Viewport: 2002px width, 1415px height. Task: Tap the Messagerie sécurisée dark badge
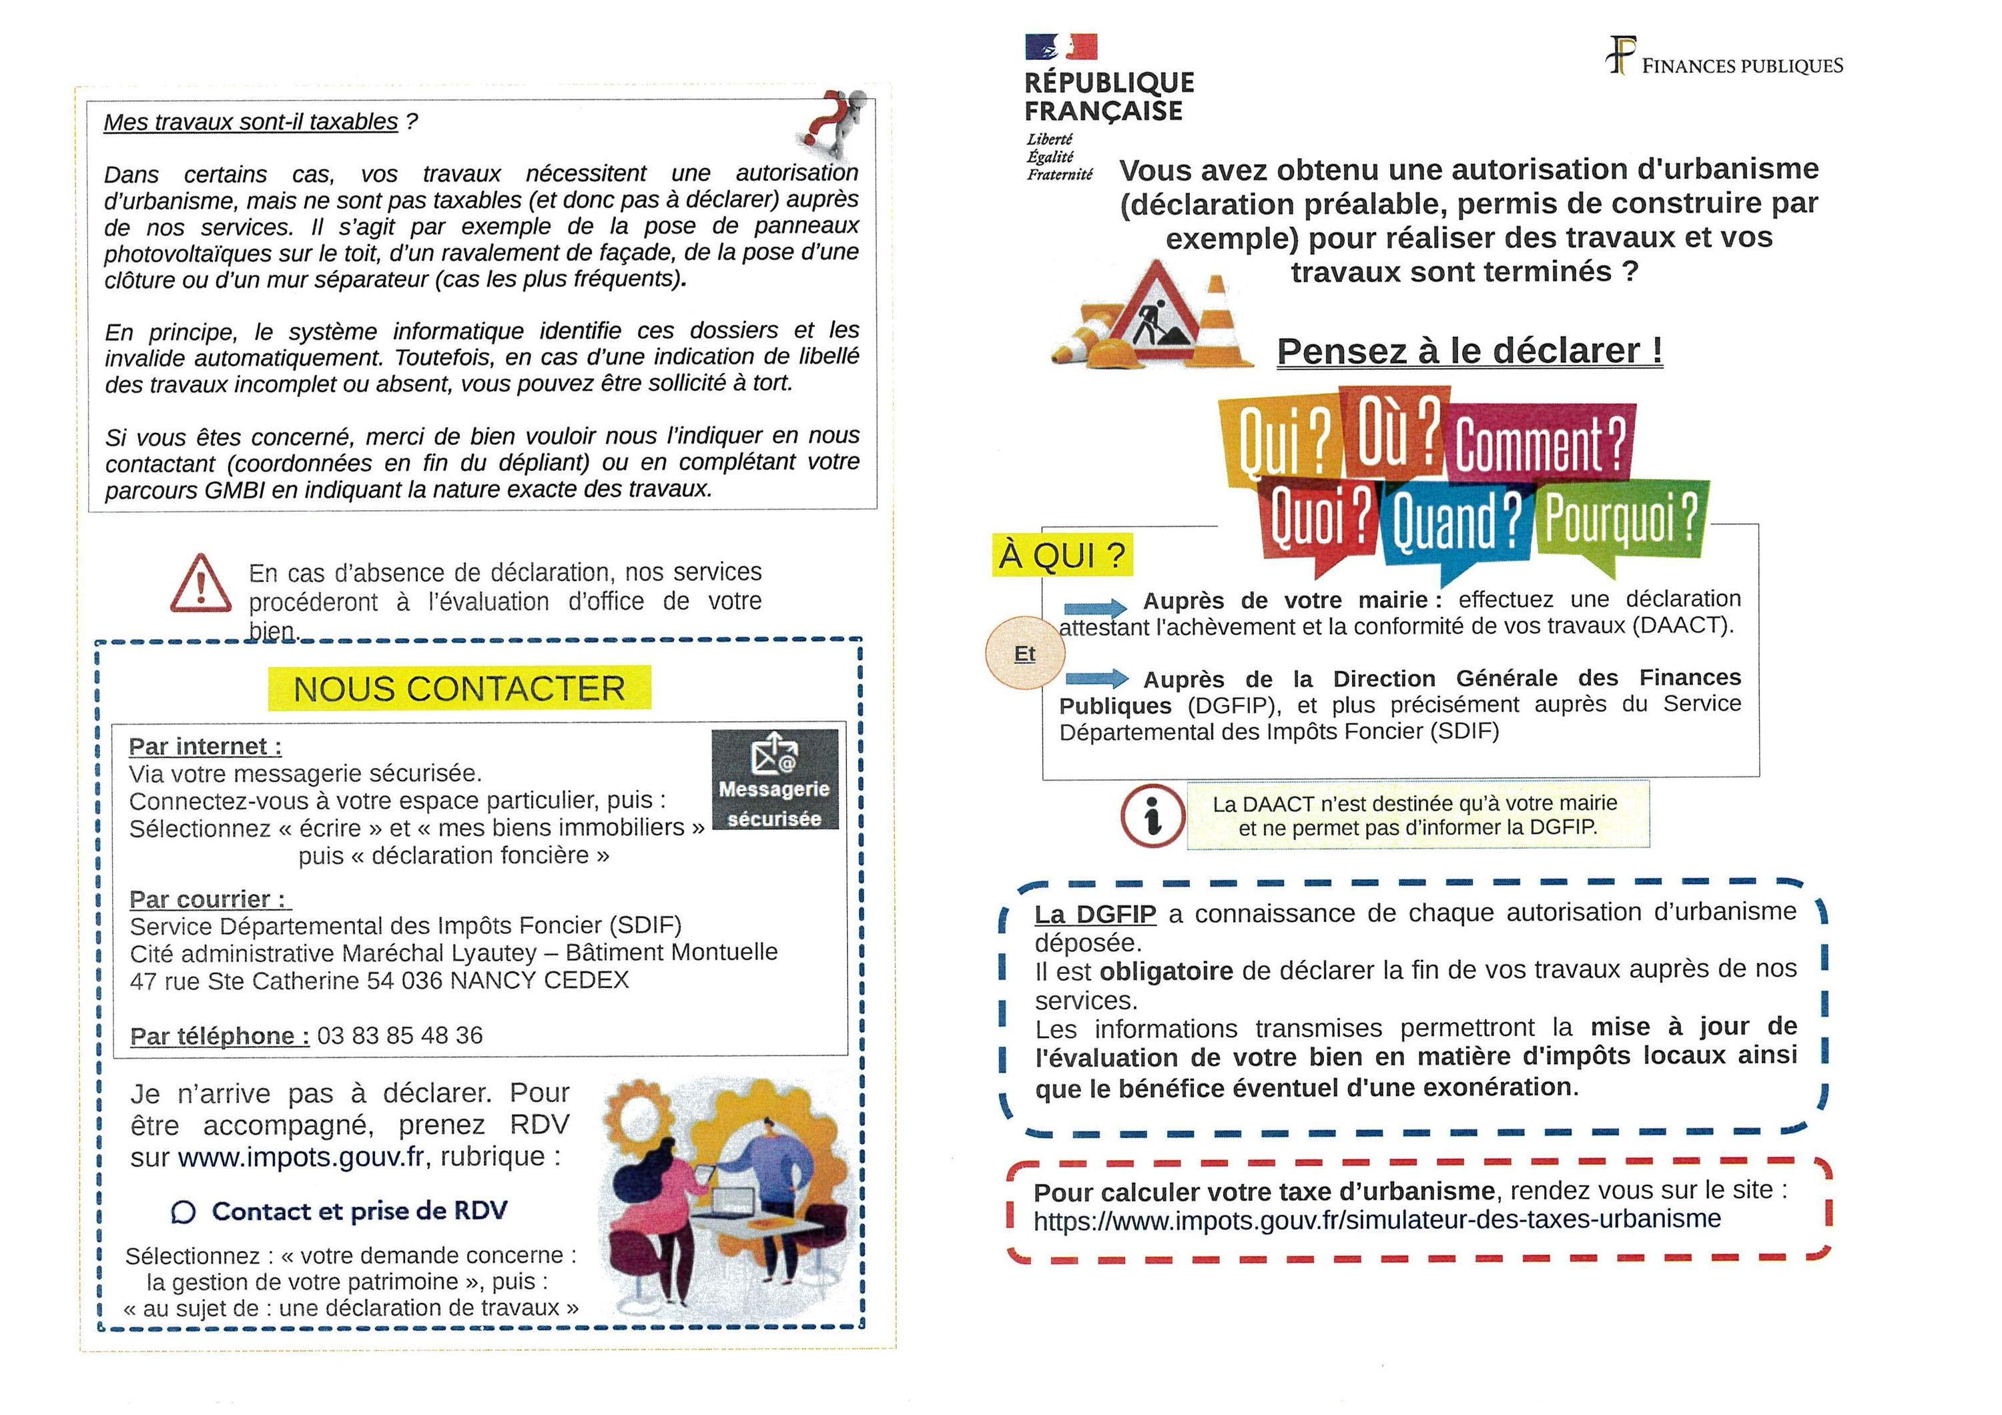click(774, 779)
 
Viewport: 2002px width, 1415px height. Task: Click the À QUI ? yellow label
click(1062, 555)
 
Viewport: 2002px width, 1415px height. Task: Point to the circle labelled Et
click(1024, 654)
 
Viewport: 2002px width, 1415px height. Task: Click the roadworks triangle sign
click(1152, 316)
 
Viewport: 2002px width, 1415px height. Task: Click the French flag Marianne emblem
click(1060, 47)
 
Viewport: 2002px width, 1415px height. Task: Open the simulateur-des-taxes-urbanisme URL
click(1377, 1220)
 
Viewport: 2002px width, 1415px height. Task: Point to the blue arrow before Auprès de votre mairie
click(1095, 608)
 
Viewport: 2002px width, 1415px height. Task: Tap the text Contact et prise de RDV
click(358, 1211)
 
